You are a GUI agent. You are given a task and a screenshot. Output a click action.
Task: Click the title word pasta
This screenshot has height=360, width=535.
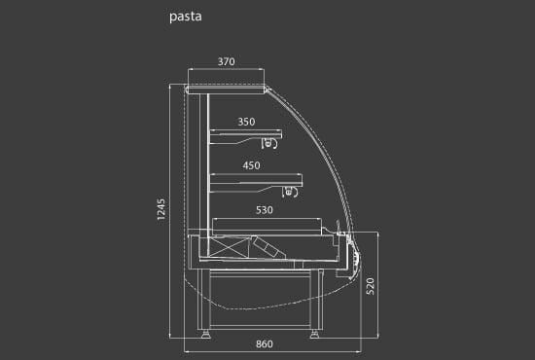185,18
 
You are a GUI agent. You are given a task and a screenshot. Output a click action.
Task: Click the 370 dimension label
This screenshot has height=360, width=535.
227,61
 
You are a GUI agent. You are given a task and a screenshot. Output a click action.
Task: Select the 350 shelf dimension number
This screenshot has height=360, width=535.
246,122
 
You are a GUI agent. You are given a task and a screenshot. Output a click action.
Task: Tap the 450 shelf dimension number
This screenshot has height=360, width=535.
252,165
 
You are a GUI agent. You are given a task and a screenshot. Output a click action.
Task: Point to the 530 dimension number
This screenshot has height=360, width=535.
265,210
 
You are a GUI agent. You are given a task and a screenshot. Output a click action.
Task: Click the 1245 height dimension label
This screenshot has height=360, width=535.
161,209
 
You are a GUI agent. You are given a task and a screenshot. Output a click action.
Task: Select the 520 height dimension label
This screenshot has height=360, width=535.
370,286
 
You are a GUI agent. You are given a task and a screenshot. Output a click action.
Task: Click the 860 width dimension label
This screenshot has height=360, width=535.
265,344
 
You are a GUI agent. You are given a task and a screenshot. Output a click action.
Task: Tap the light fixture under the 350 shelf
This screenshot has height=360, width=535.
269,143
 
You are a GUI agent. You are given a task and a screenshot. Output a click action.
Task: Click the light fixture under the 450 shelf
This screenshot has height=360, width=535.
290,192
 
